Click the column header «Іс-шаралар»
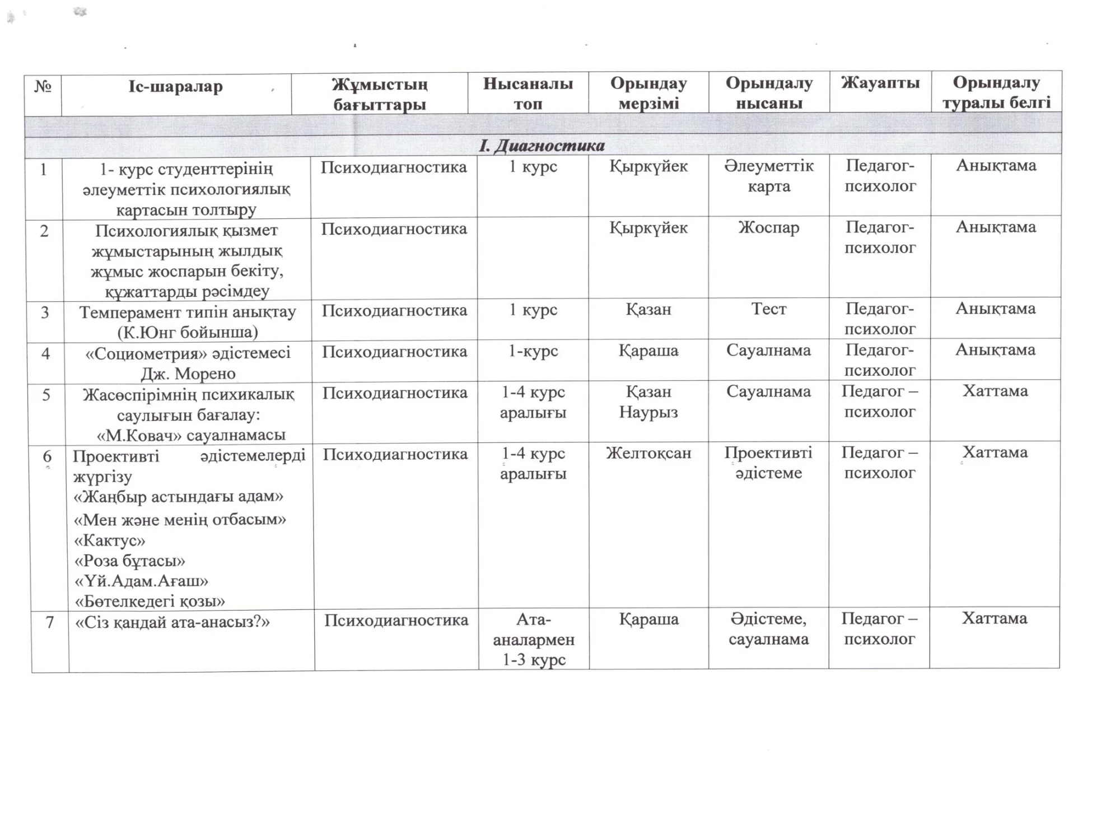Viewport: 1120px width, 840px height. (x=175, y=87)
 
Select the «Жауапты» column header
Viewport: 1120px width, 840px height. (x=880, y=84)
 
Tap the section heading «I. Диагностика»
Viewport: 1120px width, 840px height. (x=542, y=146)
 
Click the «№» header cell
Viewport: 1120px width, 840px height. (x=43, y=87)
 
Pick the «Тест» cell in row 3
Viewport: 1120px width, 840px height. (x=768, y=309)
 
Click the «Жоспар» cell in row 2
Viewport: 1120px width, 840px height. (x=768, y=228)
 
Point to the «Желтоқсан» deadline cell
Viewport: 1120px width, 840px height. (x=648, y=453)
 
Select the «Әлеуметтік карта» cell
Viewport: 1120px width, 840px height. (x=768, y=176)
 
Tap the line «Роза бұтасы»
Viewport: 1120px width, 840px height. (x=130, y=561)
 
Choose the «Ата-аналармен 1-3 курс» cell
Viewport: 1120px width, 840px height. (x=534, y=640)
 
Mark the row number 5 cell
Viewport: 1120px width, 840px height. (x=46, y=395)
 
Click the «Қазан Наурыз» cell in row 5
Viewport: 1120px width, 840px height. (x=648, y=402)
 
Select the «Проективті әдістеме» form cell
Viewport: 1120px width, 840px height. (x=768, y=463)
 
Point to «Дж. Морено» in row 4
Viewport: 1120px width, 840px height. (x=188, y=374)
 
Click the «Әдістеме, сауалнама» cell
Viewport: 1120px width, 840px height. (x=768, y=629)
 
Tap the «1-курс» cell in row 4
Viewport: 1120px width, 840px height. (x=533, y=351)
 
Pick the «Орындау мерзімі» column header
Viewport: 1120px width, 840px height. (x=648, y=94)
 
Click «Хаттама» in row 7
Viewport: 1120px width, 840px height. (x=994, y=618)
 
